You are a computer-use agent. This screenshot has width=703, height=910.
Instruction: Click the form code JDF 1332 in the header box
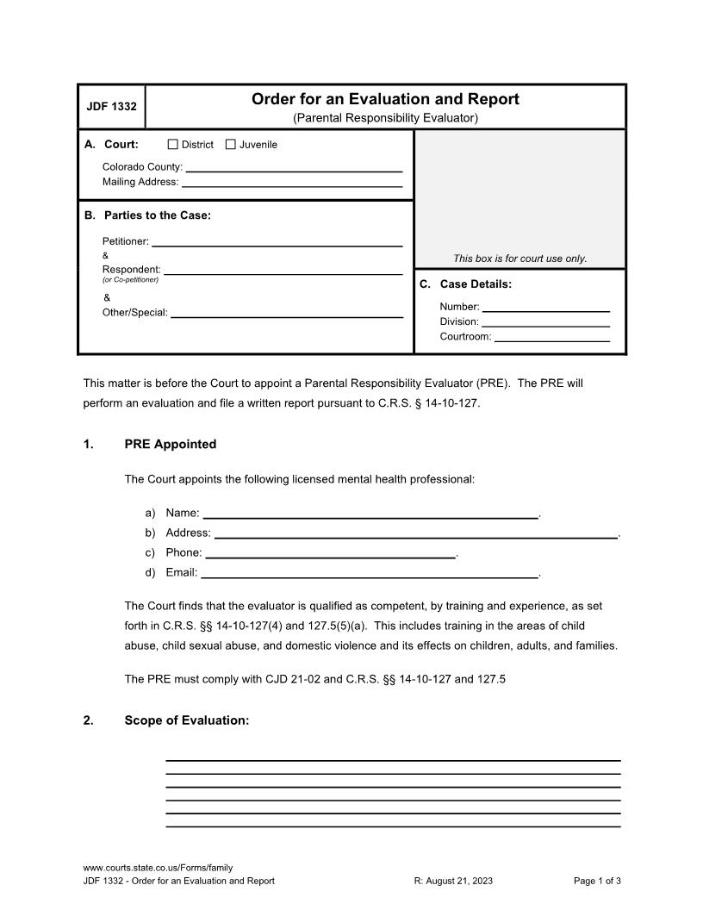point(111,107)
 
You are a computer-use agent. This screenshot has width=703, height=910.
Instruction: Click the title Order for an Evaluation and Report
point(385,99)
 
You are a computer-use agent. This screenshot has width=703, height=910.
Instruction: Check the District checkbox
point(172,145)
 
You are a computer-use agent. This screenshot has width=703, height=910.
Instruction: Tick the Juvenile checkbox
point(230,145)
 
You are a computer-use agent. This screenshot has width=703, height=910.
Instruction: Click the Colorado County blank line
point(294,168)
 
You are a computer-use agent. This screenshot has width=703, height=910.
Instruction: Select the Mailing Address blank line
point(292,183)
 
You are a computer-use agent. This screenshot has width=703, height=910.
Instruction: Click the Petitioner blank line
point(277,243)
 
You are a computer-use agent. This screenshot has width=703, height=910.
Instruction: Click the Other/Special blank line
point(287,314)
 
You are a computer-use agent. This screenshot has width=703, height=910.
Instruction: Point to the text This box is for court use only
point(519,259)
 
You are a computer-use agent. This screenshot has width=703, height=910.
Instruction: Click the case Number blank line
point(546,308)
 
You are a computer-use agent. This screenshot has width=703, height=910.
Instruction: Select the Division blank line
point(545,323)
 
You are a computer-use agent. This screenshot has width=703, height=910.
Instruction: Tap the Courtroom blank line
point(552,338)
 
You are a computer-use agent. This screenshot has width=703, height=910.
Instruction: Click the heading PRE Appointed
point(170,445)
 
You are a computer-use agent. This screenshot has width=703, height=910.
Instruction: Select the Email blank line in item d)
point(370,574)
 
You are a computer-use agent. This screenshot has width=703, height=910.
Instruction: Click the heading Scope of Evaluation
point(186,720)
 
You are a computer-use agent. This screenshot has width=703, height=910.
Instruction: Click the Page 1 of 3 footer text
point(597,881)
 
